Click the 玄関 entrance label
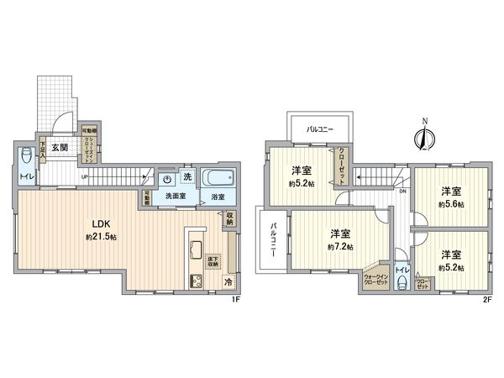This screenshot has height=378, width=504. click(60, 149)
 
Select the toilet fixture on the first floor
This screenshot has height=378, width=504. click(27, 156)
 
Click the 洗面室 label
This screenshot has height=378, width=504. click(175, 196)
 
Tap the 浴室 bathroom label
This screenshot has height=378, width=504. click(218, 196)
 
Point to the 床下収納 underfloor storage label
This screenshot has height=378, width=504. click(213, 261)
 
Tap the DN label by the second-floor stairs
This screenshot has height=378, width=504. click(402, 192)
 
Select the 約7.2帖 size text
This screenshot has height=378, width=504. click(339, 246)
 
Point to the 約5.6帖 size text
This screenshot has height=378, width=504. click(451, 204)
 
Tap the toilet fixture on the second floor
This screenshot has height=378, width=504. click(402, 282)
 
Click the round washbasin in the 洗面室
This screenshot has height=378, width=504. click(168, 178)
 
